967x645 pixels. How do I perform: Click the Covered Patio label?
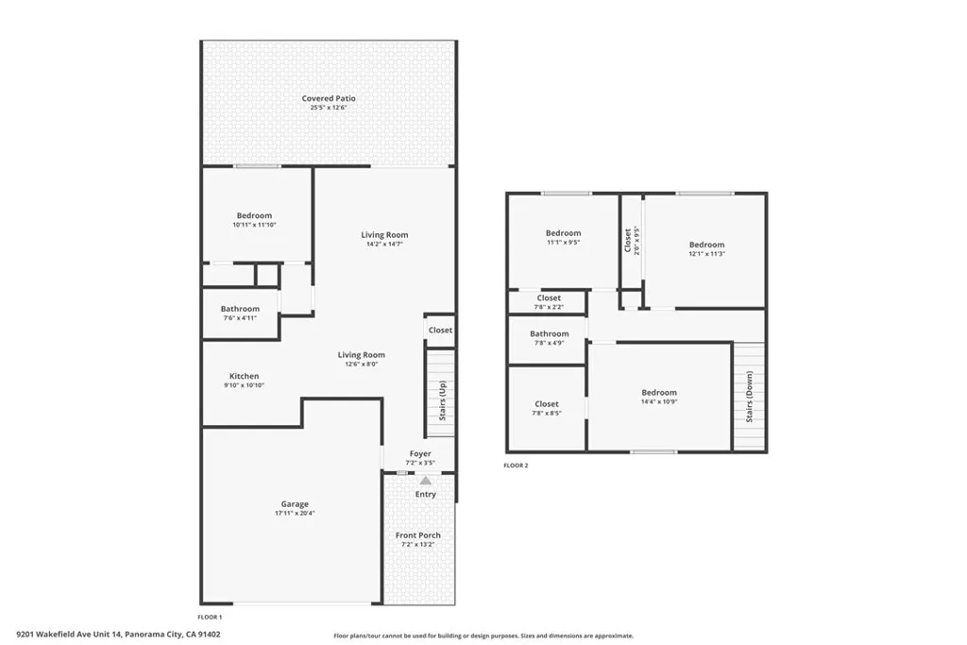[329, 98]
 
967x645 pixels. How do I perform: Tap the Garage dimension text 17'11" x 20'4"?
[294, 514]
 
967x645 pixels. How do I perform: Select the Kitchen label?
[244, 376]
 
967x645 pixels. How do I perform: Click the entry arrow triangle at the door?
[425, 481]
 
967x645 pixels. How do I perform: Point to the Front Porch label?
[417, 535]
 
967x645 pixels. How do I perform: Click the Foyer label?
[419, 454]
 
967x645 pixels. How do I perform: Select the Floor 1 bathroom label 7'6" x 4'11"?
[240, 309]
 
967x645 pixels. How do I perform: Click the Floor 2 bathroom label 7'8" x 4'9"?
[549, 333]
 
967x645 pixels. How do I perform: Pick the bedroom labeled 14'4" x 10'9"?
[658, 393]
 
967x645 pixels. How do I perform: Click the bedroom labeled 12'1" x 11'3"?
[706, 245]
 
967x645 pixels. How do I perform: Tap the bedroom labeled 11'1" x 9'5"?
[563, 233]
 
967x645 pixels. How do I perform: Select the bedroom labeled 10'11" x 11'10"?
[254, 215]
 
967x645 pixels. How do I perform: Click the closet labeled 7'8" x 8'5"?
[547, 404]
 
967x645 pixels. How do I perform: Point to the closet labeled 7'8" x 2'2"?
[549, 298]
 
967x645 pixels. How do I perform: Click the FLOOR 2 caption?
[516, 466]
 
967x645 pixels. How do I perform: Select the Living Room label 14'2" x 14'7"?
[384, 235]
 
